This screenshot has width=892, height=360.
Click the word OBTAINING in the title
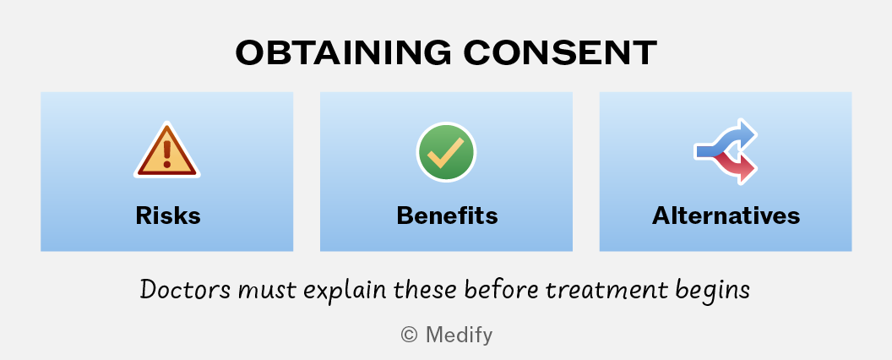click(343, 53)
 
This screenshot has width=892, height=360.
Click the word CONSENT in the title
click(560, 53)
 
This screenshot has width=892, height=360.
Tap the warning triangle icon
click(166, 150)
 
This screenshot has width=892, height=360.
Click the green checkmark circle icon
click(446, 152)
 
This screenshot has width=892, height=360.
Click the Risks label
click(168, 216)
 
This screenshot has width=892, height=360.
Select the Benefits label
click(447, 216)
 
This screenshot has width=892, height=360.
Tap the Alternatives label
click(726, 216)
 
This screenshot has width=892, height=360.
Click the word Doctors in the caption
click(185, 290)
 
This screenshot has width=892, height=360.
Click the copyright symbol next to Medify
click(409, 335)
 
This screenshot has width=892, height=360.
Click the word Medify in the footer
click(459, 335)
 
